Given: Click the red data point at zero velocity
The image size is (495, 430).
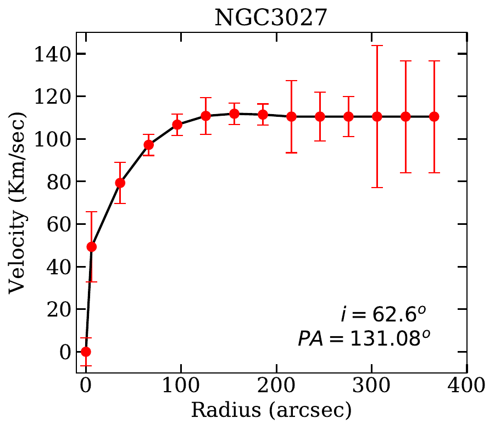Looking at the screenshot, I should pos(86,352).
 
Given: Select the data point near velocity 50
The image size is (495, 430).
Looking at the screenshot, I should pos(92,247).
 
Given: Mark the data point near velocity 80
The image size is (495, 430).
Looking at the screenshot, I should pos(120,183).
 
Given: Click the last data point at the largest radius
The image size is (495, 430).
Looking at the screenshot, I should pos(434,116).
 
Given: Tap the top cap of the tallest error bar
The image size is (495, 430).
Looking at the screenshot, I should pos(377,46).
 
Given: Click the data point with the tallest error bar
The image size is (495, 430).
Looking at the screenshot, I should pos(377,116).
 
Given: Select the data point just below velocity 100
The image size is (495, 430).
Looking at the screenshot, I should pos(149,145).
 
